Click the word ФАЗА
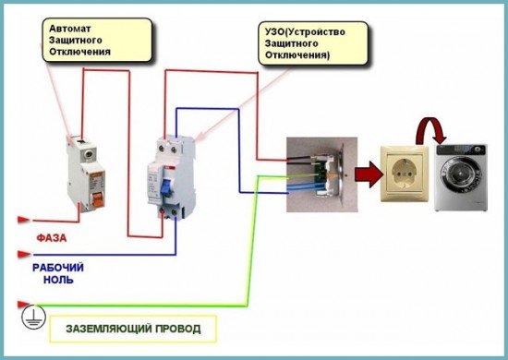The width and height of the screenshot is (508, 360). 51,235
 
